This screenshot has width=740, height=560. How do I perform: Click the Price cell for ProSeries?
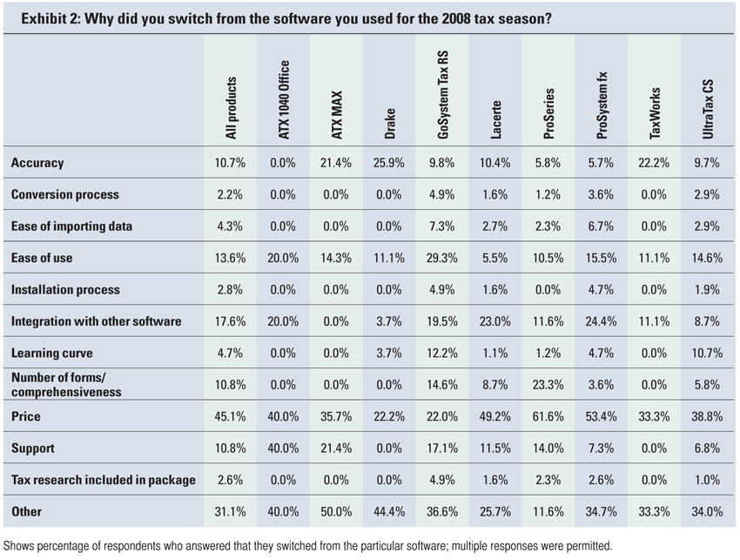pos(548,417)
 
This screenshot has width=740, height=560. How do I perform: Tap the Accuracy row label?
pos(37,163)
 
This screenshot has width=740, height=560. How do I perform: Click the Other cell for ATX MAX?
pos(337,512)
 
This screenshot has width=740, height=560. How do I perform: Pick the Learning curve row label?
pos(51,354)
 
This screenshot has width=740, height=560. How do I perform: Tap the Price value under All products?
pos(231,417)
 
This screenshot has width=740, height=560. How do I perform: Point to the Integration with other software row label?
pos(96,321)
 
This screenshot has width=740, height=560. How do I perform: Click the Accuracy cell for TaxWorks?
pos(655,163)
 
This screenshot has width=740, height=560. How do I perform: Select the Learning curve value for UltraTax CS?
pos(707,354)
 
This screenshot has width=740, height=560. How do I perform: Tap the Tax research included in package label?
pos(103,480)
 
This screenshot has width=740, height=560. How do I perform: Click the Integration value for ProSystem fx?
pos(602,321)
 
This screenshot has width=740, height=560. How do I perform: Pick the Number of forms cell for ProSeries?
pos(548,385)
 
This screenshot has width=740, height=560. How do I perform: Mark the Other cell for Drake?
pos(390,512)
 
